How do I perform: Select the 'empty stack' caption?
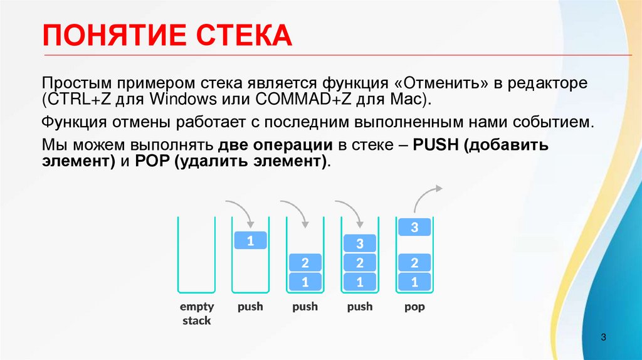197,314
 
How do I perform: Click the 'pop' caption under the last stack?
414,307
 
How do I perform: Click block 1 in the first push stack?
250,240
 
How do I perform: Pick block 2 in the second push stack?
305,263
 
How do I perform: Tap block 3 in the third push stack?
360,243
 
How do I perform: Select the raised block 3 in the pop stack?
414,228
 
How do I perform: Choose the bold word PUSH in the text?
433,146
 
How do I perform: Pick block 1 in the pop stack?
414,282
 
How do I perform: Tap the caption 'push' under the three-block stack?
360,307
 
